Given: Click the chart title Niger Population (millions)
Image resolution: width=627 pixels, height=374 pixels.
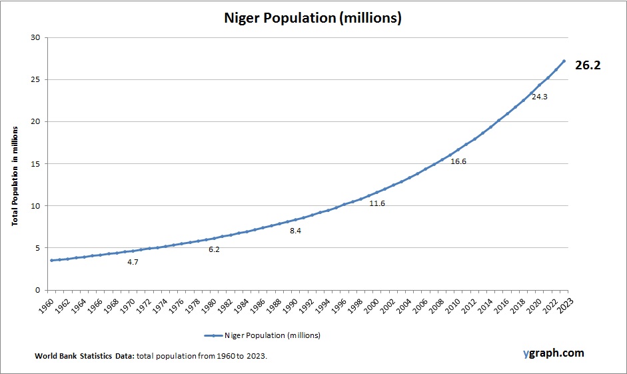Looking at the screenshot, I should coord(313,18).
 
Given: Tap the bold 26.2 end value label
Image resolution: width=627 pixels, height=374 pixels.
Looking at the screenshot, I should coord(588,65).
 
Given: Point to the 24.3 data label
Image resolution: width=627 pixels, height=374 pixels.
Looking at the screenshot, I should coord(539,97).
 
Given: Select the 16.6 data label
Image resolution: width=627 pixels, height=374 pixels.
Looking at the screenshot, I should coord(458,161).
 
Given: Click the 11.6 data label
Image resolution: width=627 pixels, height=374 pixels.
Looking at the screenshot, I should coord(377,203).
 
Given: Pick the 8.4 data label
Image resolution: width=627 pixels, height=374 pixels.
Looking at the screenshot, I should coord(296,231).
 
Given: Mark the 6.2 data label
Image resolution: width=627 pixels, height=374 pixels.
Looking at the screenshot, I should coord(214,249).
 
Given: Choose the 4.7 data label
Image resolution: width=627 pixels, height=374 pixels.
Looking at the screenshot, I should coord(133,262).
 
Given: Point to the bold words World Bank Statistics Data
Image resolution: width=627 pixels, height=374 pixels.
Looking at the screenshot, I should coord(85,357).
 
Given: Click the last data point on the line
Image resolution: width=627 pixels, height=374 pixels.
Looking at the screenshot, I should coord(564,61).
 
